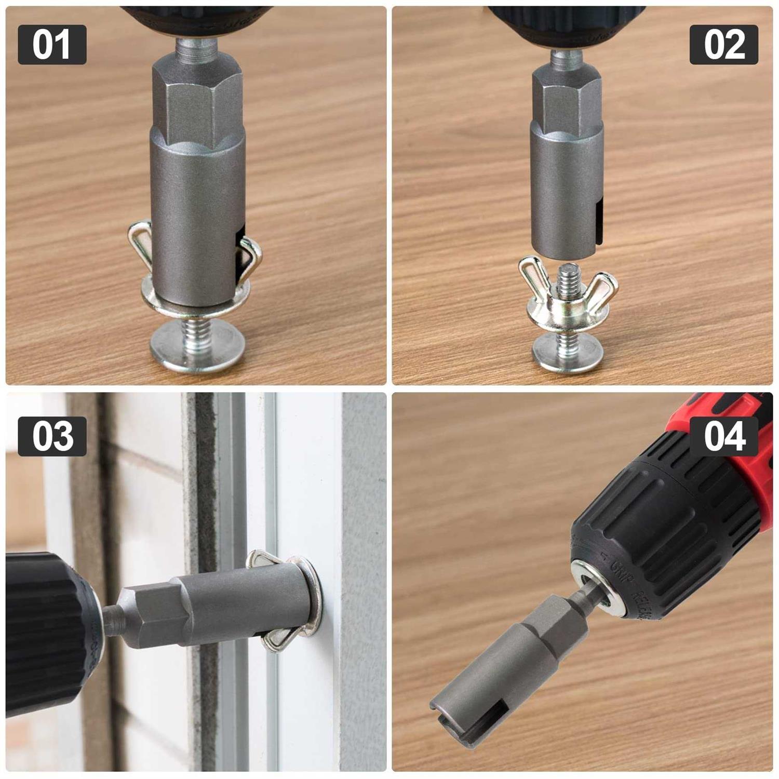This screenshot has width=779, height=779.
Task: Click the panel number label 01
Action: click(52, 45)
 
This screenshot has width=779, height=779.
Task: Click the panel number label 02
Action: click(723, 45)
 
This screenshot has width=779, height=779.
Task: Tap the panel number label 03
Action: click(52, 436)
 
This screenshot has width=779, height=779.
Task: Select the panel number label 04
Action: click(723, 436)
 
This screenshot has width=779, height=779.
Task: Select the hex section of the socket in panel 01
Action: click(197, 104)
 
